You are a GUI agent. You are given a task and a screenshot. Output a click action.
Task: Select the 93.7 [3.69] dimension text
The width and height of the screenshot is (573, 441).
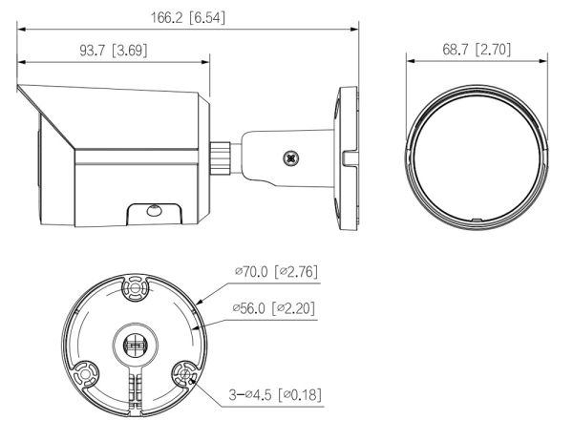click(113, 50)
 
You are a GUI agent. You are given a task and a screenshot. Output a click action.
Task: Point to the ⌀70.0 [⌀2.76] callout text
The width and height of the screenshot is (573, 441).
click(276, 272)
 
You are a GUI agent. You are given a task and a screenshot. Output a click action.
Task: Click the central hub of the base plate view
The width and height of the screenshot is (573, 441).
click(134, 340)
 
